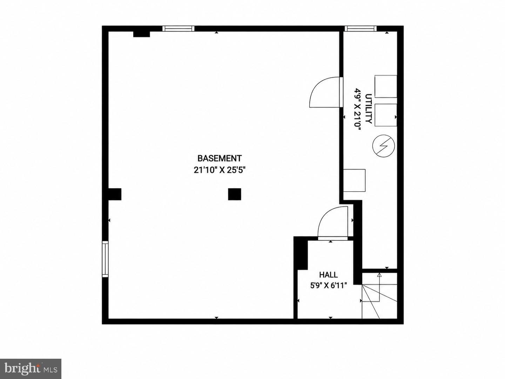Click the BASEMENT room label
(x=220, y=158)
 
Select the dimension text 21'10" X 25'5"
(x=220, y=170)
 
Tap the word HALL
(x=328, y=274)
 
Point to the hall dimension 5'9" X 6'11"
(x=328, y=286)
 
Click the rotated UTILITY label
(x=369, y=109)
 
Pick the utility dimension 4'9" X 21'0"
(x=357, y=109)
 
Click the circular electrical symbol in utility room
(x=384, y=146)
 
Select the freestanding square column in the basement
(x=235, y=194)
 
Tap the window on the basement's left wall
(x=105, y=259)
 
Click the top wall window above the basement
(x=178, y=28)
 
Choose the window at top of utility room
(x=361, y=28)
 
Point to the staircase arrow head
(x=379, y=274)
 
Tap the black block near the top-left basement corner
(x=141, y=34)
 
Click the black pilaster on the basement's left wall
(x=115, y=194)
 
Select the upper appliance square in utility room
(x=386, y=86)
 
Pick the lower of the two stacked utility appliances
(x=386, y=115)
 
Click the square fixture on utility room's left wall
(x=354, y=180)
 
